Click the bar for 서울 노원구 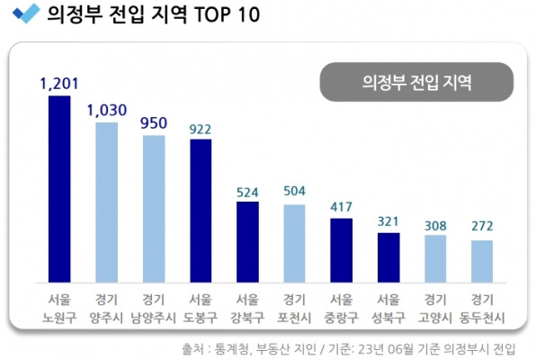click(x=59, y=188)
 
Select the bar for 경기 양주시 click(x=106, y=202)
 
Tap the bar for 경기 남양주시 click(x=153, y=208)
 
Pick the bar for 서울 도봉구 click(x=200, y=210)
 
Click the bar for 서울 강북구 click(x=246, y=241)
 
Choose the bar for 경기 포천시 click(x=294, y=243)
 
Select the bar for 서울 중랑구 click(x=341, y=249)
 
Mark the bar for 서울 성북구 click(x=388, y=256)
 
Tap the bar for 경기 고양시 click(x=434, y=257)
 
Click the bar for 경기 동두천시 click(x=481, y=260)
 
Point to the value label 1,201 click(x=59, y=84)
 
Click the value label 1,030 click(x=106, y=110)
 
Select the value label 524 click(x=246, y=191)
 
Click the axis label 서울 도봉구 click(x=200, y=308)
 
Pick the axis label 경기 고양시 click(x=434, y=308)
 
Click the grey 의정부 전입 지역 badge click(x=415, y=81)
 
